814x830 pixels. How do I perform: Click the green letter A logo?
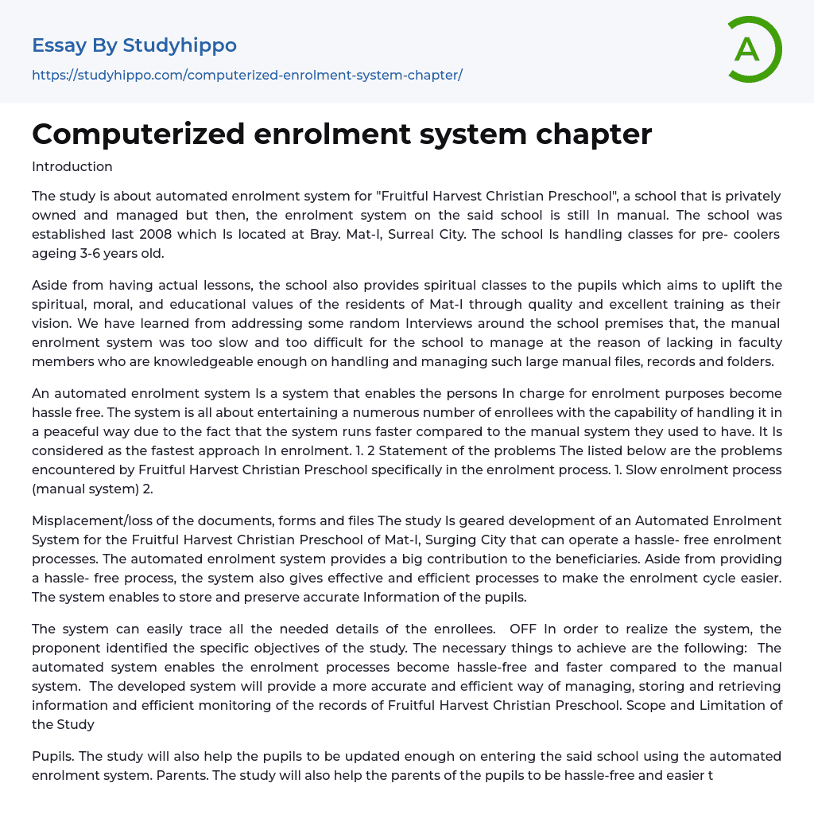tap(751, 49)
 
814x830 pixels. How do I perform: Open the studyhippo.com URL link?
tap(246, 76)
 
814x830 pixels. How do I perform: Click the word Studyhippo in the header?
tap(180, 45)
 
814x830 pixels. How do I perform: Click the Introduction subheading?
tap(72, 166)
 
